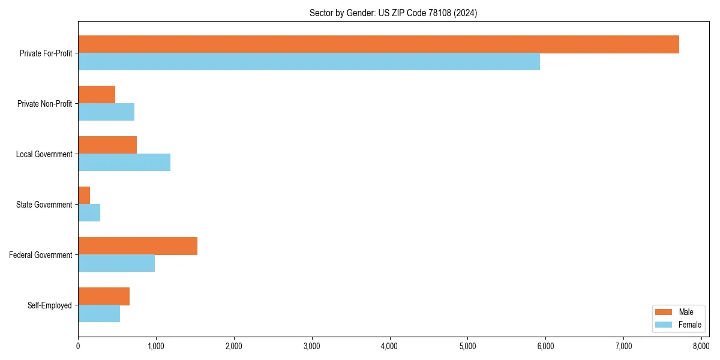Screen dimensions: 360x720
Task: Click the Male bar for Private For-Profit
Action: tap(378, 44)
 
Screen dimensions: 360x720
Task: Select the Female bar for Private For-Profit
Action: tap(309, 62)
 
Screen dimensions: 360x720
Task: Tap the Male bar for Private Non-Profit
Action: tap(97, 95)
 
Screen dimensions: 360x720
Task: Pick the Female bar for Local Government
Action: tap(124, 163)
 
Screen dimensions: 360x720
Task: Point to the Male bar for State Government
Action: tap(84, 196)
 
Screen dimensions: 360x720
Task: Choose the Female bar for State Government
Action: tap(89, 213)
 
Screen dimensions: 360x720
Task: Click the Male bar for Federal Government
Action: tap(137, 246)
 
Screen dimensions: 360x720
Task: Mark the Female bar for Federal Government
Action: tap(116, 263)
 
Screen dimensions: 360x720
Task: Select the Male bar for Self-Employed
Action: tap(104, 296)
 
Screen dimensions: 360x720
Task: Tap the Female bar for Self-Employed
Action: tap(99, 314)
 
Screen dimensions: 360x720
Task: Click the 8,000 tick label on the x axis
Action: tap(701, 346)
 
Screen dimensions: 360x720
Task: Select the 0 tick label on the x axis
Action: tap(78, 346)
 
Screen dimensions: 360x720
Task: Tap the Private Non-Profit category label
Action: tap(44, 104)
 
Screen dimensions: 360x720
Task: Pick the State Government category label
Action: tap(44, 205)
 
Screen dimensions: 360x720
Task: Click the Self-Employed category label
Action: tap(49, 305)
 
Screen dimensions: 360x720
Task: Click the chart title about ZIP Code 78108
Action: tap(393, 13)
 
